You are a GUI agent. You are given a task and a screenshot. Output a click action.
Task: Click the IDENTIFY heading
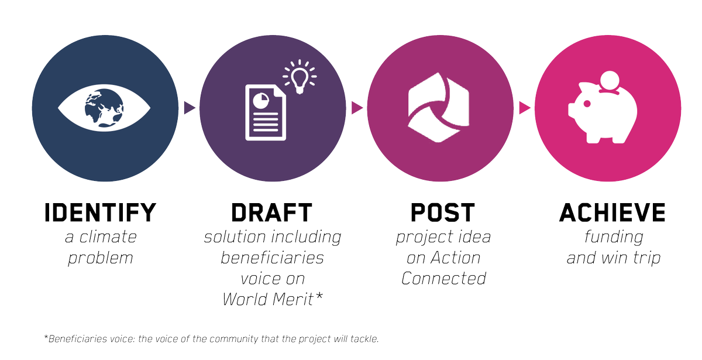tap(100, 212)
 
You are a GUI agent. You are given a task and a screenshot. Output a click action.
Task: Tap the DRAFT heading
tap(271, 212)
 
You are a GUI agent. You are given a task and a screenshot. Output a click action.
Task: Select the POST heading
tap(443, 212)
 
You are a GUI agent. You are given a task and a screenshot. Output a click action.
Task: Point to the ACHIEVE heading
tap(612, 212)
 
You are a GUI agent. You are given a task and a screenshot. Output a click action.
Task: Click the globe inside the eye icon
tap(104, 108)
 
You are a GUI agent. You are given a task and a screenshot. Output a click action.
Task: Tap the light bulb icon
tap(300, 77)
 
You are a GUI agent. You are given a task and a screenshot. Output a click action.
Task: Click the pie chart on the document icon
tap(261, 100)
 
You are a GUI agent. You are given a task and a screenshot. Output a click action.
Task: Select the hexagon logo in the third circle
tap(438, 108)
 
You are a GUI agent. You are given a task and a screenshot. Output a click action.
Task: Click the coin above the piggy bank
tap(610, 81)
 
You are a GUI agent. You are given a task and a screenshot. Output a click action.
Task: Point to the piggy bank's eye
tap(587, 104)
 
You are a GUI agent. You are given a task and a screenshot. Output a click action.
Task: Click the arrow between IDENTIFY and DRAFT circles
tap(190, 108)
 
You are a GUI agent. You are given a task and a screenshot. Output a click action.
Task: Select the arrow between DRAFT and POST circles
tap(357, 108)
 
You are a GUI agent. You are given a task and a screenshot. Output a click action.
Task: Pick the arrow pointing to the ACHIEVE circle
tap(525, 108)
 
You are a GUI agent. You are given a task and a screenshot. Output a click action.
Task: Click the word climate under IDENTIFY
tap(108, 237)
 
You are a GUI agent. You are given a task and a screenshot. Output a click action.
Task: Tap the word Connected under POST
tap(443, 279)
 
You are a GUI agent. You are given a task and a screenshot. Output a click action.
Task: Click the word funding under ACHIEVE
tap(614, 238)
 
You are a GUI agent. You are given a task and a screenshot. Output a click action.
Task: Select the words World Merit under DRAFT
tap(269, 299)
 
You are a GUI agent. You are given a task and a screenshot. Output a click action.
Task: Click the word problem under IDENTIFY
tap(100, 259)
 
